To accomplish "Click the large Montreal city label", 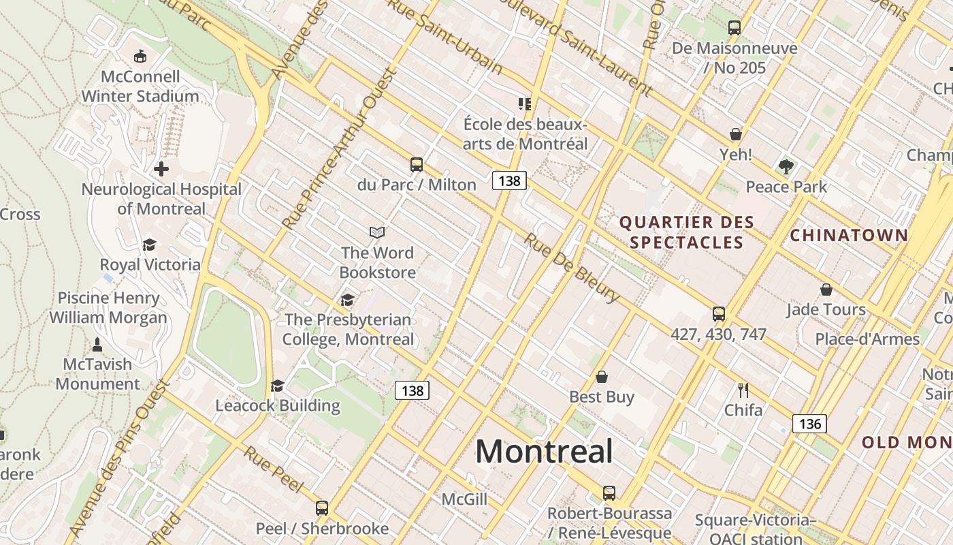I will coord(544,451).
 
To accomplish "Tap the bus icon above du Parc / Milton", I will coord(417,165).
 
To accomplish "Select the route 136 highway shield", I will coord(809,424).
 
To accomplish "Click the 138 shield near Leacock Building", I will coord(412,390).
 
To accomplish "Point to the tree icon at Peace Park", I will coord(786,166).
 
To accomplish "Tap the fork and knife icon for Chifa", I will coord(743,390).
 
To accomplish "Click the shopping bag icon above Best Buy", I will coord(602,377).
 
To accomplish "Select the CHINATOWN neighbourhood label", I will coord(849,236).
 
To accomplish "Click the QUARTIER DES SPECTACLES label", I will coord(686,232).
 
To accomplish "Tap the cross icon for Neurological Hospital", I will coord(161,168).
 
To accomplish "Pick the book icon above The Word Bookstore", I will coord(377,232).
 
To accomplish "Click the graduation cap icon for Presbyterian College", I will coord(348,300).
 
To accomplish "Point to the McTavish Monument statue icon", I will coord(97,344).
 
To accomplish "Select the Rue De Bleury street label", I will coord(572,268).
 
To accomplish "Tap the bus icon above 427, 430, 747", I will coord(719,314).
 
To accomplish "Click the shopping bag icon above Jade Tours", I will coord(826,290).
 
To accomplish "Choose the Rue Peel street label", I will coord(273,469).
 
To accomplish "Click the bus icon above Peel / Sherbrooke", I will coord(322,508).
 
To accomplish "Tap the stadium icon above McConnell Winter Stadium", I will coord(140,56).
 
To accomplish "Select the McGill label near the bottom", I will coord(464,499).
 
